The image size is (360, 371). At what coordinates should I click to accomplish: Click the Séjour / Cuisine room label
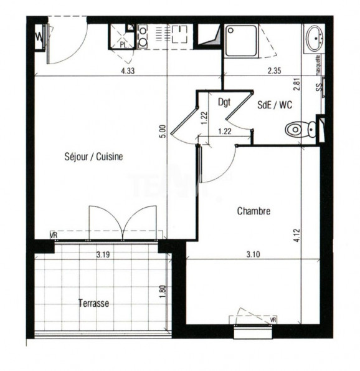(93, 157)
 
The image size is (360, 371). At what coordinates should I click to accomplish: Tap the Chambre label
(253, 211)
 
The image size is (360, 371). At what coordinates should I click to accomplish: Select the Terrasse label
(94, 304)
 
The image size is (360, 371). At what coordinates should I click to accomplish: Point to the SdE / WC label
(275, 105)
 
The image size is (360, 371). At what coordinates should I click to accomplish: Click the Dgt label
(225, 100)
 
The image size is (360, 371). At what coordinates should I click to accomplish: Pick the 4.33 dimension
(128, 70)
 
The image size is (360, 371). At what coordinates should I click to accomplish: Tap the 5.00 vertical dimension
(163, 132)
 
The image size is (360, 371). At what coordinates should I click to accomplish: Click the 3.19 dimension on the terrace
(104, 254)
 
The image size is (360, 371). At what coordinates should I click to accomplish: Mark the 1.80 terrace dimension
(163, 291)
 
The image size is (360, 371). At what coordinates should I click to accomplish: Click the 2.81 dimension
(297, 84)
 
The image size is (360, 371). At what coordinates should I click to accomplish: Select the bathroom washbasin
(312, 39)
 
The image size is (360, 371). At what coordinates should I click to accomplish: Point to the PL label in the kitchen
(123, 45)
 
